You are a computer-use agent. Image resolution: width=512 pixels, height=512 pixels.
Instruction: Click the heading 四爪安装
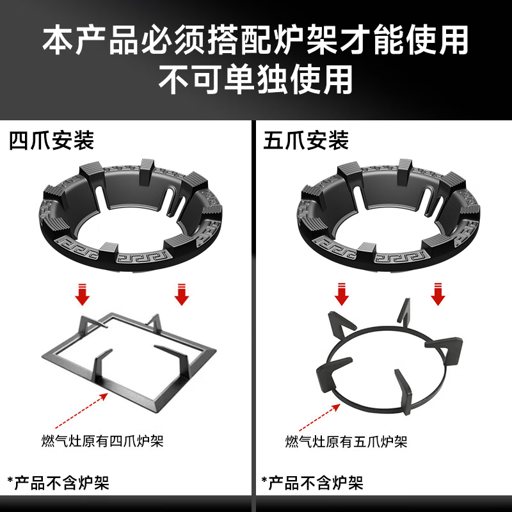pyautogui.click(x=52, y=140)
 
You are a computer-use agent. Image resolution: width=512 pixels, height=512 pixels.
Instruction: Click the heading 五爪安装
pyautogui.click(x=305, y=140)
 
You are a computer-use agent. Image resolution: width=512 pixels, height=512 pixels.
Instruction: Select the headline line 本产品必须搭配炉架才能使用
pyautogui.click(x=256, y=40)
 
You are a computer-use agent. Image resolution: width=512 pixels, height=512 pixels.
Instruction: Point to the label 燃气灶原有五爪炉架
pyautogui.click(x=346, y=442)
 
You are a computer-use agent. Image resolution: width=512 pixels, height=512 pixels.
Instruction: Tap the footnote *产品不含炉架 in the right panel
pyautogui.click(x=312, y=481)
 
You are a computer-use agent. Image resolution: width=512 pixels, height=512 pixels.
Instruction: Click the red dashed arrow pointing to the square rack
pyautogui.click(x=80, y=410)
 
